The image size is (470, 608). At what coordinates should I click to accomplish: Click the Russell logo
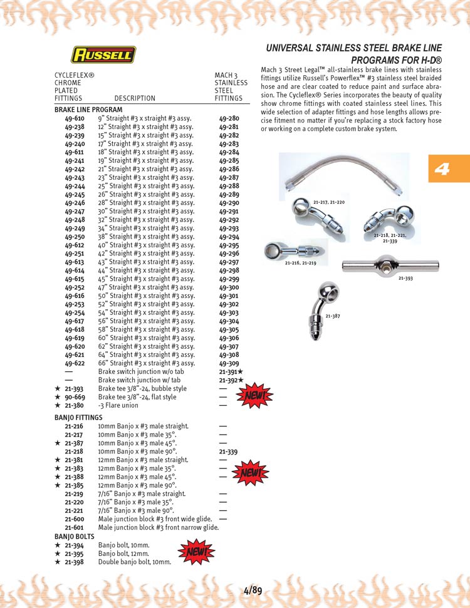coord(103,55)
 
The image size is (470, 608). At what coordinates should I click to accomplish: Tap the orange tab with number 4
coord(448,168)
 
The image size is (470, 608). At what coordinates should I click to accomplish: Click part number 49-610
coord(75,118)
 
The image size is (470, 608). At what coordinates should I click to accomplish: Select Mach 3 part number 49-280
coord(229,118)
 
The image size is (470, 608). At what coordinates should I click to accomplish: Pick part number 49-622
coord(75,363)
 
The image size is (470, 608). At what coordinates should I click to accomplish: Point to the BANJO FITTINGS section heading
coord(78,417)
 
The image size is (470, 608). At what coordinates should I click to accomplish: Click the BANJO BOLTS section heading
coord(74,537)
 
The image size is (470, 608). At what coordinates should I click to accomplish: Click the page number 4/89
coord(253,589)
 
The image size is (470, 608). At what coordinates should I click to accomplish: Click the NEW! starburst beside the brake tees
coord(254,395)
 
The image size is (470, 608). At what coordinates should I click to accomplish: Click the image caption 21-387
coord(332,316)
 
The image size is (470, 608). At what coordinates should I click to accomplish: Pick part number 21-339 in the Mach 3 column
coord(229,451)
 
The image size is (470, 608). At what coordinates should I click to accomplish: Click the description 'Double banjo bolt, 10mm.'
coord(135,562)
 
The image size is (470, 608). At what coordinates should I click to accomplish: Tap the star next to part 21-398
coord(57,562)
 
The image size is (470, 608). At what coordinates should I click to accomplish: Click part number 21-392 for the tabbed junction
coord(229,380)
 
